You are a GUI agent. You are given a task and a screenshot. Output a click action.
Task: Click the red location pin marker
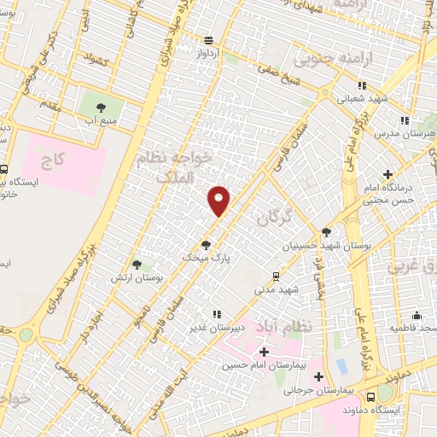coord(219,200)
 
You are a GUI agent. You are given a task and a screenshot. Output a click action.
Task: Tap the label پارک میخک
coord(207,255)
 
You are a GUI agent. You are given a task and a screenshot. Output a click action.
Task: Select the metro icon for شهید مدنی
coord(275,276)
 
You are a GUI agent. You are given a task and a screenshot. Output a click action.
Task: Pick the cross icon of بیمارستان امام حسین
coord(263,352)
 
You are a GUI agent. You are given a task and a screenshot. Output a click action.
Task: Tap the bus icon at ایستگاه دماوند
coord(370,397)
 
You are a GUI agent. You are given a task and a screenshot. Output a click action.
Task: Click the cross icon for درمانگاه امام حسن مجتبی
coord(388,173)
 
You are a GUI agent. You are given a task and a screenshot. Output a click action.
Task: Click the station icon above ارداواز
coord(209,40)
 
